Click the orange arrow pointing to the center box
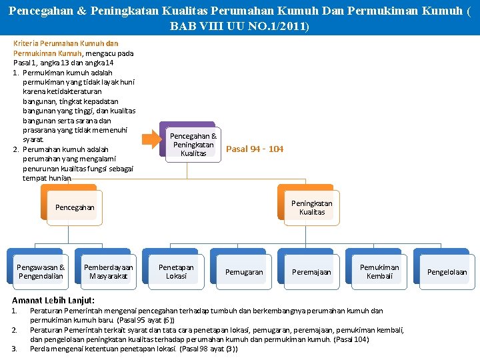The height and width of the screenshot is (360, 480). click(153, 139)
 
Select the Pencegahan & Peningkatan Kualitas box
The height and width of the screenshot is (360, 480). click(193, 145)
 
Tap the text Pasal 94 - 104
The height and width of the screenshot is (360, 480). click(255, 149)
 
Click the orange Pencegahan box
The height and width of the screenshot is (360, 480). click(75, 207)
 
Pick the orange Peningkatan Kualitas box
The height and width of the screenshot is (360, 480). click(311, 207)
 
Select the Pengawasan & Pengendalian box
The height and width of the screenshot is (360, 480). click(41, 271)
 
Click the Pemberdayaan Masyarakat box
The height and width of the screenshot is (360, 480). click(108, 271)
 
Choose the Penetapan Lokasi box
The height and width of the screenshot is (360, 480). click(176, 271)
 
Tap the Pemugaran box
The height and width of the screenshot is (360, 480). click(244, 272)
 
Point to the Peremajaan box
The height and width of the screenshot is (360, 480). click(311, 272)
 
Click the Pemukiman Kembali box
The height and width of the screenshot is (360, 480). click(379, 271)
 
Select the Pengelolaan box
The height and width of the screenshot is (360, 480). click(447, 272)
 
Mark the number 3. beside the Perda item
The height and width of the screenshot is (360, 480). click(15, 349)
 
